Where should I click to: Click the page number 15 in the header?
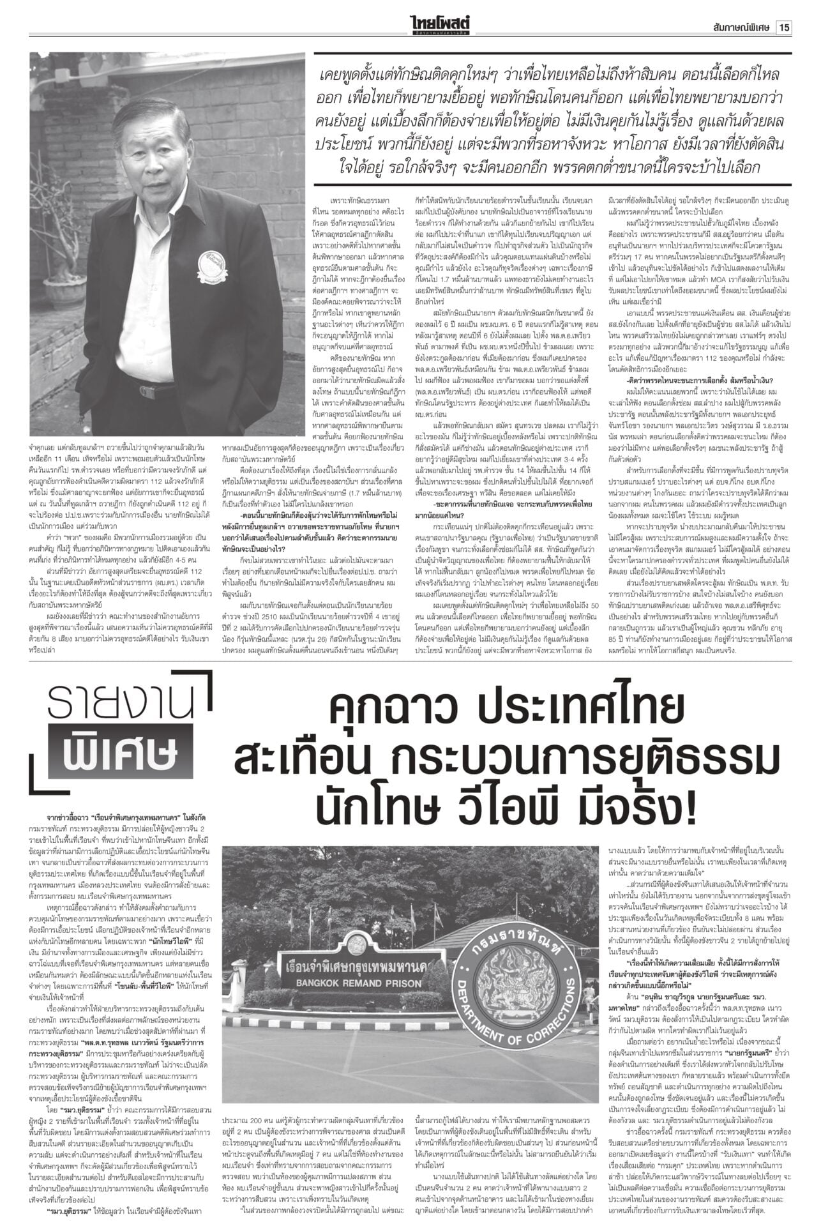785,10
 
